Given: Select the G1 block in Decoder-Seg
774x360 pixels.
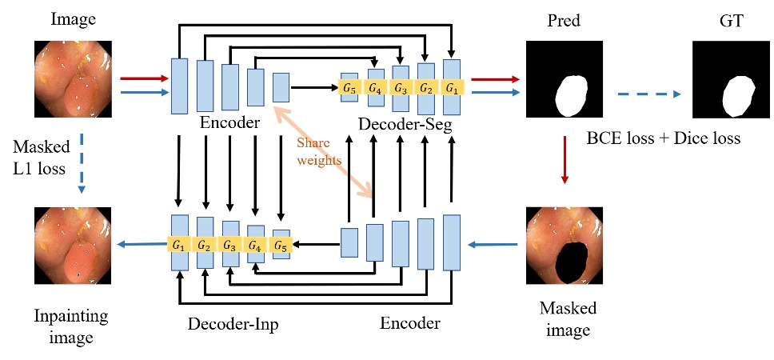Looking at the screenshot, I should coord(453,86).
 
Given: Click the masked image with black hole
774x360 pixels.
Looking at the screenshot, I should coord(565,246).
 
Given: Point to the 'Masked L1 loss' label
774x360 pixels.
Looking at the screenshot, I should coord(41,157).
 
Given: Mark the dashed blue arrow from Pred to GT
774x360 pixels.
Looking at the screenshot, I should coord(648,94).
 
